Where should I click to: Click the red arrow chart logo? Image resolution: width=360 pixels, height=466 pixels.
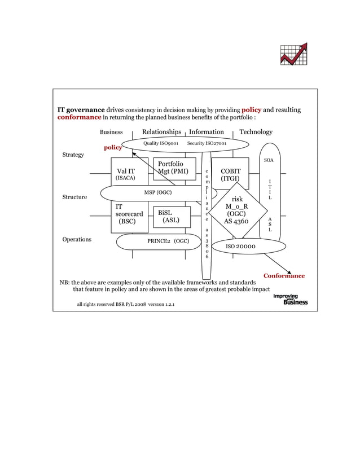click(x=293, y=54)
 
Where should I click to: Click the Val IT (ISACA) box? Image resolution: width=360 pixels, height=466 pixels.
click(x=125, y=174)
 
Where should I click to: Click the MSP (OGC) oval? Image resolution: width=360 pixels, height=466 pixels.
click(x=157, y=192)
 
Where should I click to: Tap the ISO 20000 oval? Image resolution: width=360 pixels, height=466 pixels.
click(x=241, y=247)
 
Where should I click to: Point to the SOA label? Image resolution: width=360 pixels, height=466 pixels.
click(x=269, y=161)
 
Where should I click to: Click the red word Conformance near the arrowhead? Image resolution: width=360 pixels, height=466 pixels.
click(x=284, y=276)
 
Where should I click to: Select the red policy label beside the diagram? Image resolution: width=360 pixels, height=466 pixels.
click(x=113, y=148)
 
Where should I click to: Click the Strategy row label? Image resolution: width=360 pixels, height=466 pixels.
click(x=73, y=155)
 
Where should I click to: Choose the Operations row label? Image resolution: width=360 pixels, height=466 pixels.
click(x=77, y=239)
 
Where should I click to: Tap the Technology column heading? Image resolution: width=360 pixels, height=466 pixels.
click(x=256, y=132)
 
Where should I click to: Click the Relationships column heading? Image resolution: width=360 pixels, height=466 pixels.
click(x=161, y=132)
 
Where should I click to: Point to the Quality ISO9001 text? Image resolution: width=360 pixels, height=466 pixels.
click(x=161, y=144)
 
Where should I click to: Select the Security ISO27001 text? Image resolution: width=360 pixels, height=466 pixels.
click(x=207, y=144)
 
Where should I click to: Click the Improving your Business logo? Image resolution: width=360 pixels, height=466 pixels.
click(x=291, y=299)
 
